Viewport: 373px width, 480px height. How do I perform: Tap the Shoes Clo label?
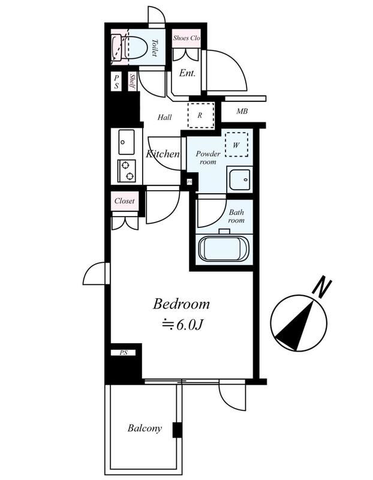pos(186,38)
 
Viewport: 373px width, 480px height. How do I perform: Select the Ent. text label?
pos(188,74)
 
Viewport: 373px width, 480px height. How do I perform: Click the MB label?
pos(242,112)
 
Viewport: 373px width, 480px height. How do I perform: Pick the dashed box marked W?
pos(236,144)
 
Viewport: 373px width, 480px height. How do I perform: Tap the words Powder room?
pos(209,158)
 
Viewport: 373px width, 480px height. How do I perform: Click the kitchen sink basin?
pos(126,143)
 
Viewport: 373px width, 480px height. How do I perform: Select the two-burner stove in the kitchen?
pos(127,171)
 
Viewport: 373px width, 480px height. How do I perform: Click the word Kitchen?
pos(163,154)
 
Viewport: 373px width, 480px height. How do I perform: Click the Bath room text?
pos(236,216)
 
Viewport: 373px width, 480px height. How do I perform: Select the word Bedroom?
pos(181,304)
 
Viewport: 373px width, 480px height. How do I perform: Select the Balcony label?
pos(145,428)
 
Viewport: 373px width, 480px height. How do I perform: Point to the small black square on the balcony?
pos(177,430)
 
